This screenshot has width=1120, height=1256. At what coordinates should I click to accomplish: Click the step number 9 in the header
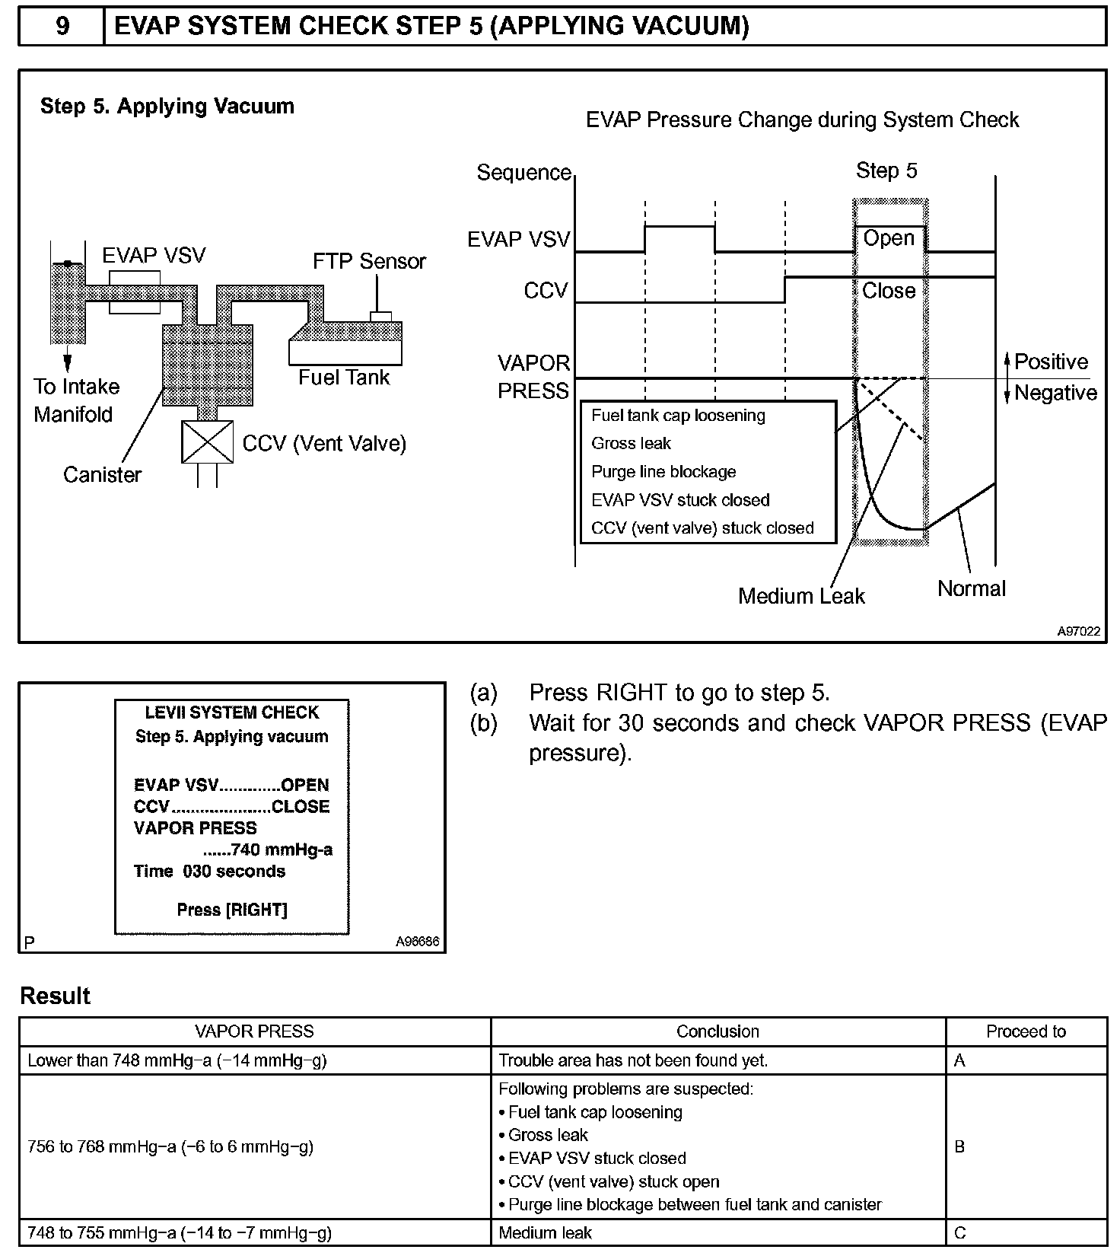tap(62, 27)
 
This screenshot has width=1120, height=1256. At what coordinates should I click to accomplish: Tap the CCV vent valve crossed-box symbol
tap(207, 442)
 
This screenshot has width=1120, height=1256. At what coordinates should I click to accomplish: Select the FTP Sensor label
tap(369, 261)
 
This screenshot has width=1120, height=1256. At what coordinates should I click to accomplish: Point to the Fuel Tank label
tap(344, 378)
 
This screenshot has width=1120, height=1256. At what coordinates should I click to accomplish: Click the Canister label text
tap(102, 475)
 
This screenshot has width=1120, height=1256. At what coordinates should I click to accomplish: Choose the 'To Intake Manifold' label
tap(75, 400)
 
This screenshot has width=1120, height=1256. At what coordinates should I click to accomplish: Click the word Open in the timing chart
tap(888, 238)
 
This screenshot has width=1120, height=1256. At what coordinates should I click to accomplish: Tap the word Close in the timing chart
tap(888, 291)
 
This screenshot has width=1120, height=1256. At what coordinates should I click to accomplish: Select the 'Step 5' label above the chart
tap(886, 171)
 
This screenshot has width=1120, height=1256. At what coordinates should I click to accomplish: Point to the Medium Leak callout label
tap(801, 596)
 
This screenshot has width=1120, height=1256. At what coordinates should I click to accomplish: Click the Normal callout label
tap(971, 588)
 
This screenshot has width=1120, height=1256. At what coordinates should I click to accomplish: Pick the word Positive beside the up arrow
tap(1051, 362)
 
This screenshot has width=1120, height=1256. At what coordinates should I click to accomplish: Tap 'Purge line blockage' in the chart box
tap(663, 472)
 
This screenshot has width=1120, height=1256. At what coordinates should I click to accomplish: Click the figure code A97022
tap(1078, 631)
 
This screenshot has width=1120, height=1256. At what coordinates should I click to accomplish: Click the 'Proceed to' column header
tap(1026, 1031)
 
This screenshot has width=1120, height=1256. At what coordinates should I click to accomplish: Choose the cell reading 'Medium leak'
tap(545, 1232)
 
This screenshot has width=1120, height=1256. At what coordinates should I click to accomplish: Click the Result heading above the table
tap(55, 996)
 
